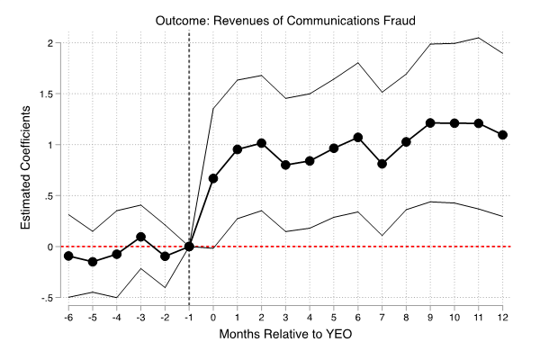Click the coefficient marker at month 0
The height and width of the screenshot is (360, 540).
tap(213, 178)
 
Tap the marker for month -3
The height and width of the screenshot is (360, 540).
tap(141, 237)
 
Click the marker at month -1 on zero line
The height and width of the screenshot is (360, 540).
tap(189, 247)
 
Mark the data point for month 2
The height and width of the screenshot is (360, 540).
tap(261, 143)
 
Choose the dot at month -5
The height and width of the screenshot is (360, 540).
tap(93, 262)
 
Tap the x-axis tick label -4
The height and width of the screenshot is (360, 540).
tap(116, 319)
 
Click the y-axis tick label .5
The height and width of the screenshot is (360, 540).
tap(53, 195)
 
